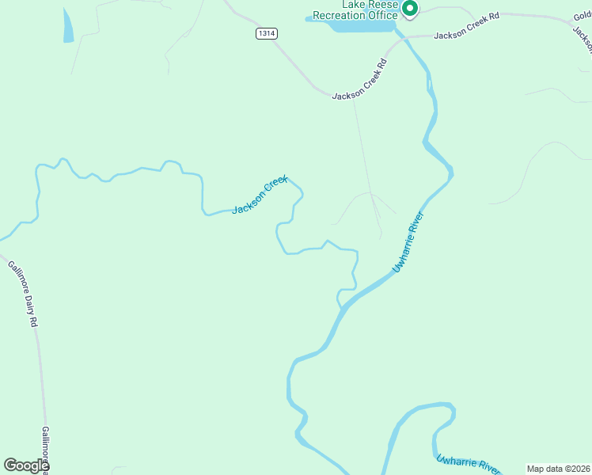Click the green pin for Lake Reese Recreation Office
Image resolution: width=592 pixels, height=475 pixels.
click(x=410, y=9)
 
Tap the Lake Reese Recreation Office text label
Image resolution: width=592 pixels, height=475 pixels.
click(x=355, y=10)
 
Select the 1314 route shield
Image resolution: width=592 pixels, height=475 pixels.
click(x=267, y=33)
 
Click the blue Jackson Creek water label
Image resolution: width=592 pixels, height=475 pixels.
click(x=260, y=195)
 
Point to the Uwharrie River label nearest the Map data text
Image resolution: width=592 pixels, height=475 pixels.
click(x=469, y=462)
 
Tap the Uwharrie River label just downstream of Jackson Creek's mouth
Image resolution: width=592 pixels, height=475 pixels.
click(x=409, y=242)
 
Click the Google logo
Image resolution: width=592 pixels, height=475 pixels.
click(x=25, y=465)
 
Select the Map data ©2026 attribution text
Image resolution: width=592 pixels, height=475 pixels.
click(x=558, y=469)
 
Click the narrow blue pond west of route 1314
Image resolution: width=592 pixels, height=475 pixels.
click(x=67, y=26)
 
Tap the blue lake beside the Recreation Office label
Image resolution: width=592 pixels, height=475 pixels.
click(x=360, y=26)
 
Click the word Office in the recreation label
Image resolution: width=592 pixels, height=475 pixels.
click(x=382, y=15)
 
